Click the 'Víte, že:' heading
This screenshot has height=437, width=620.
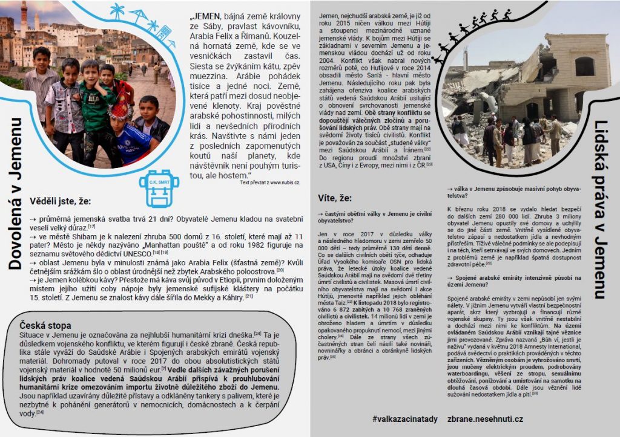(334, 198)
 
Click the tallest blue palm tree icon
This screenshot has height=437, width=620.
(117, 11)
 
